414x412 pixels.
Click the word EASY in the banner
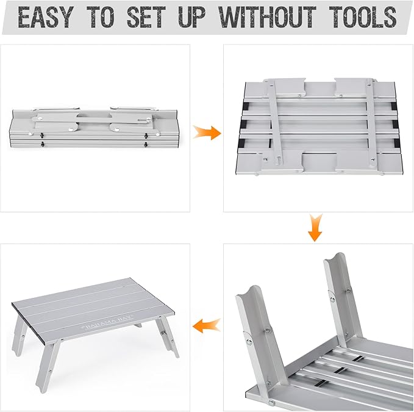tap(45, 17)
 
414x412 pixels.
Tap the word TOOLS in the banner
tap(363, 17)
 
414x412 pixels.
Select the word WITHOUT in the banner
tap(267, 17)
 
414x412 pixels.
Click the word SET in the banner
tap(146, 17)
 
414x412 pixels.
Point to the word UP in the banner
tap(191, 17)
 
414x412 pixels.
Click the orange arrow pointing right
tap(207, 132)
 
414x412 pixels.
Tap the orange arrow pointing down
tap(315, 228)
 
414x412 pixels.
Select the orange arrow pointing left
tap(207, 325)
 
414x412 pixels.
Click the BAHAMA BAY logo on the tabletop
tap(109, 323)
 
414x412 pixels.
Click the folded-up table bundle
tap(95, 127)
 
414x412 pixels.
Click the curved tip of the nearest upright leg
tap(248, 291)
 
